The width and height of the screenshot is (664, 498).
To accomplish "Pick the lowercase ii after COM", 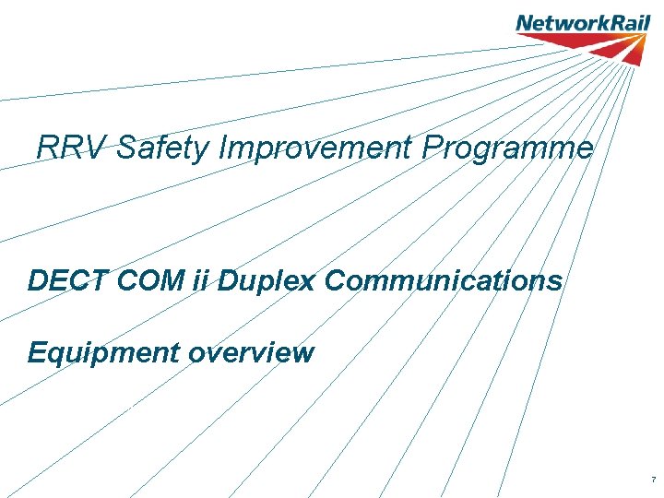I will (x=203, y=280).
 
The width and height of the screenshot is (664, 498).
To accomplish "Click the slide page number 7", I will (x=653, y=480).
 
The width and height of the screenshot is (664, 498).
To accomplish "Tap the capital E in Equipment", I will (x=38, y=352).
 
